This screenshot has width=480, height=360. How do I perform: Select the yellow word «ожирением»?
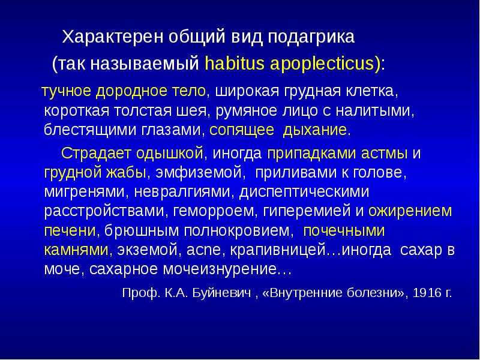[x=411, y=211]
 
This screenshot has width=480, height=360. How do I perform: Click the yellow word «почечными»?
[x=344, y=230]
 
